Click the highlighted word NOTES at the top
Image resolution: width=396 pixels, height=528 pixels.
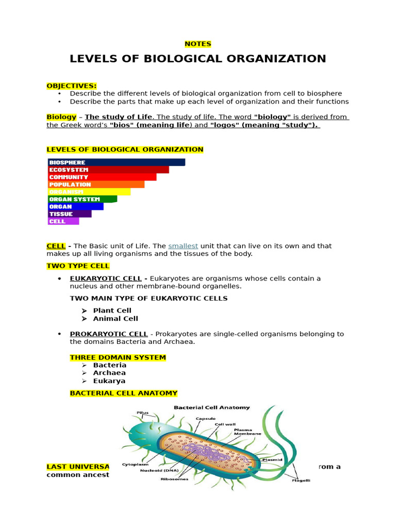[x=198, y=44]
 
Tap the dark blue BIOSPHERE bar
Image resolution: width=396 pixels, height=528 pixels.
[x=116, y=162]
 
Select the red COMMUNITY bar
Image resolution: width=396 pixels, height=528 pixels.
[x=102, y=177]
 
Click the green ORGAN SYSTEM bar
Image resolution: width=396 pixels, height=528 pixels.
[x=82, y=199]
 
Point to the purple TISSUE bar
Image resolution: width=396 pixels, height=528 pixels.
[x=70, y=214]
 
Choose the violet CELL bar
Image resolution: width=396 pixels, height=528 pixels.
[x=63, y=221]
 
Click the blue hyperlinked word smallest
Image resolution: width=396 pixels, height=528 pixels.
[x=183, y=246]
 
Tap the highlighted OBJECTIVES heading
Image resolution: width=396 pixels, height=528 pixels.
[x=72, y=86]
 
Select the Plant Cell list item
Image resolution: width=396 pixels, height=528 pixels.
[x=112, y=310]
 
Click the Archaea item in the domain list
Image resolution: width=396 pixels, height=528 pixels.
[x=109, y=373]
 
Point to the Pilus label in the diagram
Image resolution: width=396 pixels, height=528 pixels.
[x=142, y=412]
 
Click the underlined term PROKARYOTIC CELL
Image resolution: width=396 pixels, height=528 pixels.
[x=109, y=334]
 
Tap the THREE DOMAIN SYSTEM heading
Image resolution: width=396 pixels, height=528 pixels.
[x=118, y=357]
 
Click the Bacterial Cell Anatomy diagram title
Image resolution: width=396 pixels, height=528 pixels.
[x=211, y=407]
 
